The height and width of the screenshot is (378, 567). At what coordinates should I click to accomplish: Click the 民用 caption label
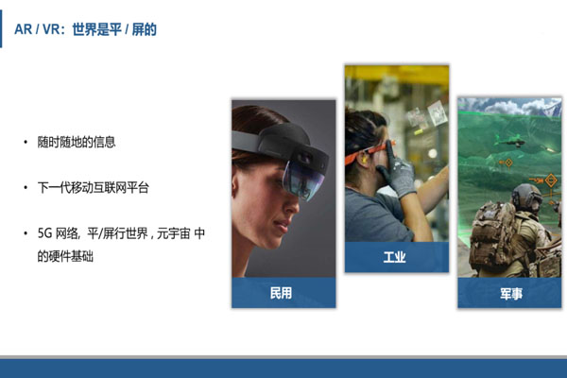tap(283, 293)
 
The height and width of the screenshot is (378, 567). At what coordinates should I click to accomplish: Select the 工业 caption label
tap(395, 256)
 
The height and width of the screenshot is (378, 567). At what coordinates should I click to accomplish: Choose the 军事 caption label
tap(511, 293)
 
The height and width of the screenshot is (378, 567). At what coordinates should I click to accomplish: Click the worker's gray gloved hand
tap(401, 177)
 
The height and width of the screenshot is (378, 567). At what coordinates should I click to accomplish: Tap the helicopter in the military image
tap(510, 143)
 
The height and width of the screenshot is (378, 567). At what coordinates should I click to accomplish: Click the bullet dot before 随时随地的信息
tap(26, 143)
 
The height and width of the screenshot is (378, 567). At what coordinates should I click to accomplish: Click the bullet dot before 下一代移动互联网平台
tap(26, 188)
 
